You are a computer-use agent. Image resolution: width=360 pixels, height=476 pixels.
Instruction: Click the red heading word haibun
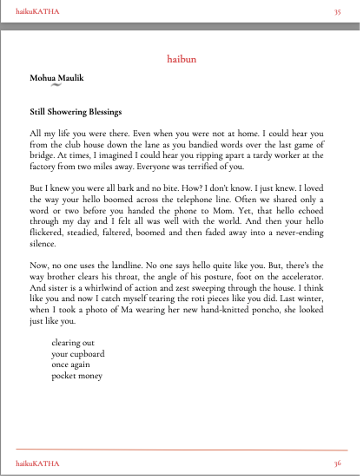[181, 59]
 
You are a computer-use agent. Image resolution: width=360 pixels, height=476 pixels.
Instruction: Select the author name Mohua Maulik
[57, 77]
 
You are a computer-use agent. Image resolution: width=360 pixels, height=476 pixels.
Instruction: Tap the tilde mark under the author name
[56, 85]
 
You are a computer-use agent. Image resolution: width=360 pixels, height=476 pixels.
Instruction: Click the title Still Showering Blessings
[76, 112]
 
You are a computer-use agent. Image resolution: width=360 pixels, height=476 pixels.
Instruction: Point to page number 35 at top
[337, 12]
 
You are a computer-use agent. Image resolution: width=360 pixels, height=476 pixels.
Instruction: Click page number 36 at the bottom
[337, 463]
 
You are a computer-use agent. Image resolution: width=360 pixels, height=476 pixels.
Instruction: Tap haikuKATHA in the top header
[37, 11]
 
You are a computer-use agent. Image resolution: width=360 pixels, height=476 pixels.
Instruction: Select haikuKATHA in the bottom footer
[37, 463]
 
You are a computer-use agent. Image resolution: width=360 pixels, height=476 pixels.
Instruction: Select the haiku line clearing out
[73, 343]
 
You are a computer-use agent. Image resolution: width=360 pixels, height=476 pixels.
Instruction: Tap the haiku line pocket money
[77, 376]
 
